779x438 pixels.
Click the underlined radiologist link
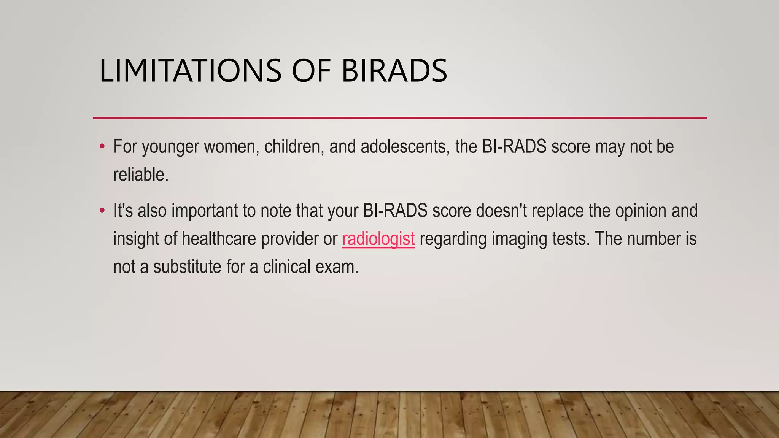coord(378,239)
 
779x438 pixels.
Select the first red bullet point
coord(102,146)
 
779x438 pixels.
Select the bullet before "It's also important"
coord(102,210)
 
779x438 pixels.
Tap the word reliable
coord(140,175)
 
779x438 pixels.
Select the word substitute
coord(187,267)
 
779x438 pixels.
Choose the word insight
coord(136,239)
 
